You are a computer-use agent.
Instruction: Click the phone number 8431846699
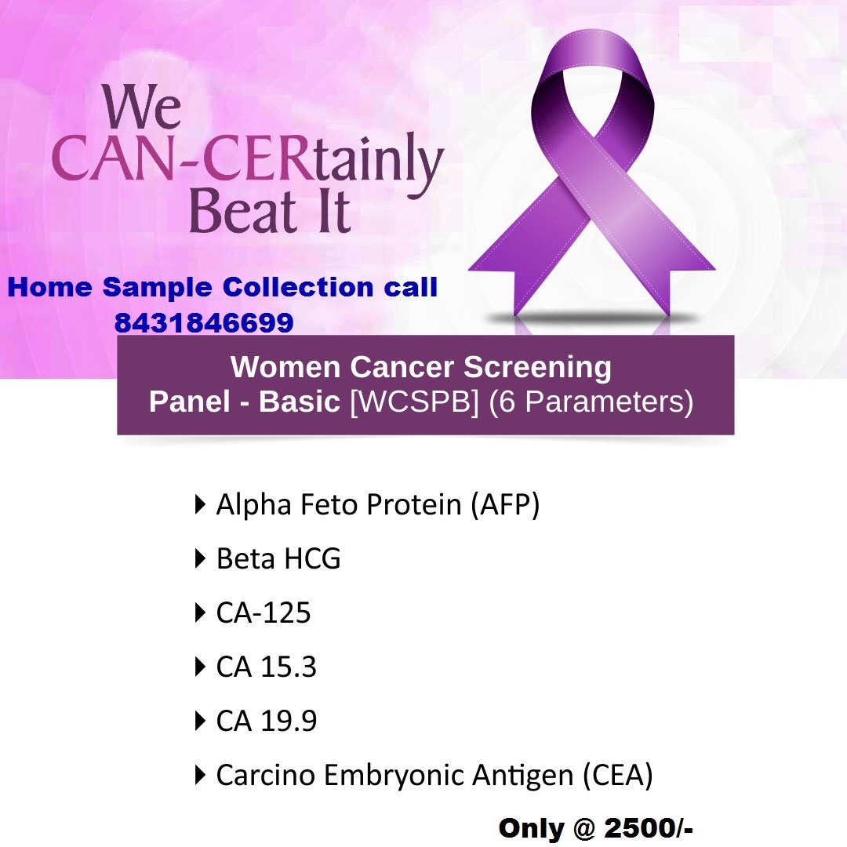pos(204,322)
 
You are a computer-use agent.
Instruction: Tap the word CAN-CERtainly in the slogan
pos(247,159)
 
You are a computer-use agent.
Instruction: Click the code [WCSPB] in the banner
pos(414,402)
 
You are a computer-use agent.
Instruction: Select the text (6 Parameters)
pos(591,402)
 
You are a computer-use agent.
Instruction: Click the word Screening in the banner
pos(537,368)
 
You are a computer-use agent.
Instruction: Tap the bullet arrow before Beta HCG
pos(200,558)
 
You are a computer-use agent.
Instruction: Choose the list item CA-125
pos(263,613)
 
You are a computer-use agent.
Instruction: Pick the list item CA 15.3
pos(267,667)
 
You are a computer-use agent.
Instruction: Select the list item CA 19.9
pos(267,721)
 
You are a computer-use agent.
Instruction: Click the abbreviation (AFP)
pos(505,504)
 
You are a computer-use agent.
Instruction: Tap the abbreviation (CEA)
pos(618,775)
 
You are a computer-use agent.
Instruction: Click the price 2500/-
pos(649,828)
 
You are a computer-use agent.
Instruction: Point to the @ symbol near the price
pos(584,829)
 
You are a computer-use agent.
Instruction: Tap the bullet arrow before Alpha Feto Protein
pos(200,504)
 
